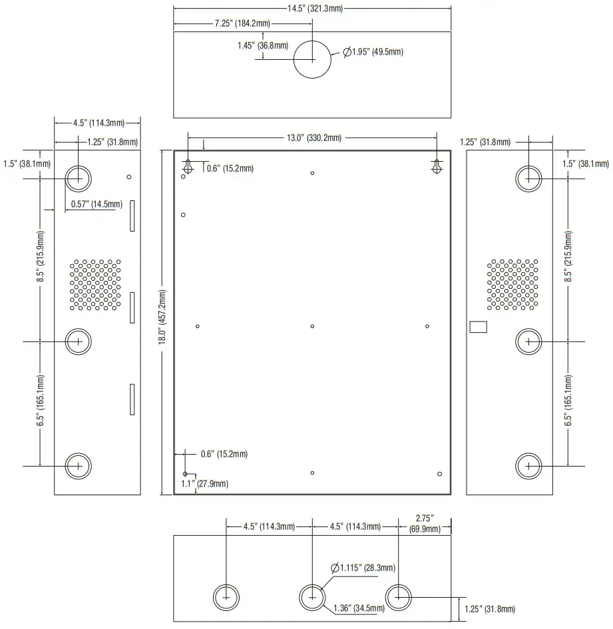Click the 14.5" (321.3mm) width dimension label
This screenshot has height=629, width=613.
312,9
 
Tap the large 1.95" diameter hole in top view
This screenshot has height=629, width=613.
313,59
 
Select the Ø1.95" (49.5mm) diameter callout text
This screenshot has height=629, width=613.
373,52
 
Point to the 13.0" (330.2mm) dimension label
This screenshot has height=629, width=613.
313,138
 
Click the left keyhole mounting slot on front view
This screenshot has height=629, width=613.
188,168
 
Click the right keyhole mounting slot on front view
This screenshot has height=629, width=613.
437,168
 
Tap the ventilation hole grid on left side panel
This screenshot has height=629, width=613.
95,285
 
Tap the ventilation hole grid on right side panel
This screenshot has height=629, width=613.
512,285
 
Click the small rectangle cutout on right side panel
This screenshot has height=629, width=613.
479,327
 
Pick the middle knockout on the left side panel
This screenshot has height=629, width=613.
79,341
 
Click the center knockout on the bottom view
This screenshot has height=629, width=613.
312,597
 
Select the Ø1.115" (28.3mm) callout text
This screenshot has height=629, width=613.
363,568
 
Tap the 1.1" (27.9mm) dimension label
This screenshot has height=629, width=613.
205,483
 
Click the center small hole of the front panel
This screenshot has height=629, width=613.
312,326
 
